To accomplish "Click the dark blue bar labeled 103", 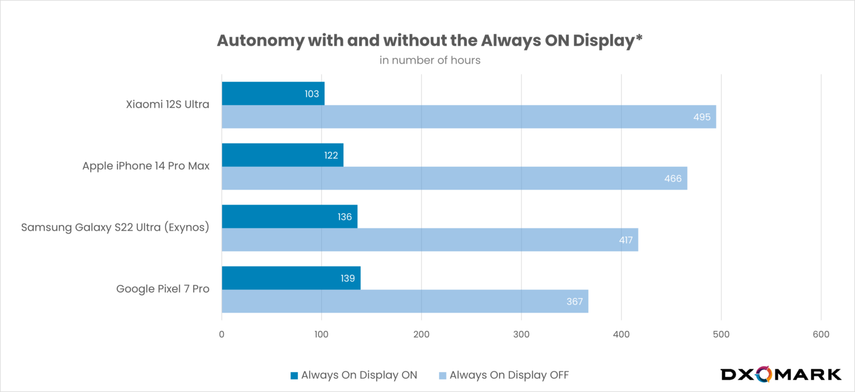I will [273, 93].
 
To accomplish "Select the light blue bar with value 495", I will [469, 117].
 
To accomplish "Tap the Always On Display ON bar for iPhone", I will [282, 155].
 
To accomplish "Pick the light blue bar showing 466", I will [454, 178].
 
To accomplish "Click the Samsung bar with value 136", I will [289, 216].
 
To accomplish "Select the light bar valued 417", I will [430, 240].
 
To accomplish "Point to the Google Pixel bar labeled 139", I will [291, 277].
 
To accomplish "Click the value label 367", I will [574, 301].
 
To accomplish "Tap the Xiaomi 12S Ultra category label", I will [168, 104].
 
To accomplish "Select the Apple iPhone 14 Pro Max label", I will [146, 166].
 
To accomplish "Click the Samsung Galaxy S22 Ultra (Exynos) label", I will [115, 227].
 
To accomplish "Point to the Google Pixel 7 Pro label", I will [163, 289].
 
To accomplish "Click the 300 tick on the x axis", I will [521, 334].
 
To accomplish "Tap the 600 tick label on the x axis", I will [820, 334].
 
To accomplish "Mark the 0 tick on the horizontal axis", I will [222, 334].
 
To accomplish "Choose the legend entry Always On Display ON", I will [353, 375].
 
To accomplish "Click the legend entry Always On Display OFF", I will [504, 375].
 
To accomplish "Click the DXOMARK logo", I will [780, 374].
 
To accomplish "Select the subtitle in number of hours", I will [430, 60].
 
